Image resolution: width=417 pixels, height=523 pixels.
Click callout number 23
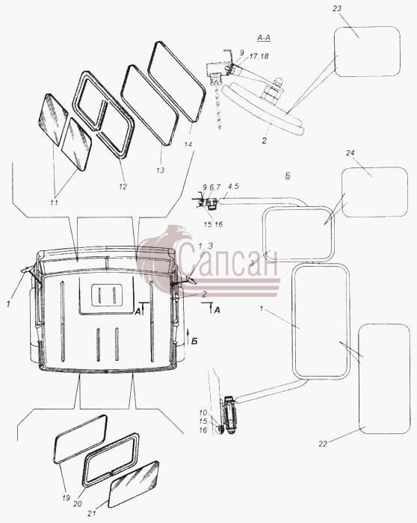[x=337, y=8]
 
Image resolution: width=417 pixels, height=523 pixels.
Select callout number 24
[x=350, y=153]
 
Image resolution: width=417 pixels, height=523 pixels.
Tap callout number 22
[x=323, y=444]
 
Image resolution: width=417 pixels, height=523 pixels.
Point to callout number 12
[x=123, y=187]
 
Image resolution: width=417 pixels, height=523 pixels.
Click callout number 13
[x=161, y=170]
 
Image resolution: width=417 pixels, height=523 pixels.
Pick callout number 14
[x=188, y=145]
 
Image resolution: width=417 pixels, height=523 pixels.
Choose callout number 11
[x=54, y=202]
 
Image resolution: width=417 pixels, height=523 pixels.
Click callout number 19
[x=66, y=498]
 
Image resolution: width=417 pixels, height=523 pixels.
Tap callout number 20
[x=78, y=504]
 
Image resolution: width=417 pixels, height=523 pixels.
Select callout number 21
[x=92, y=514]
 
